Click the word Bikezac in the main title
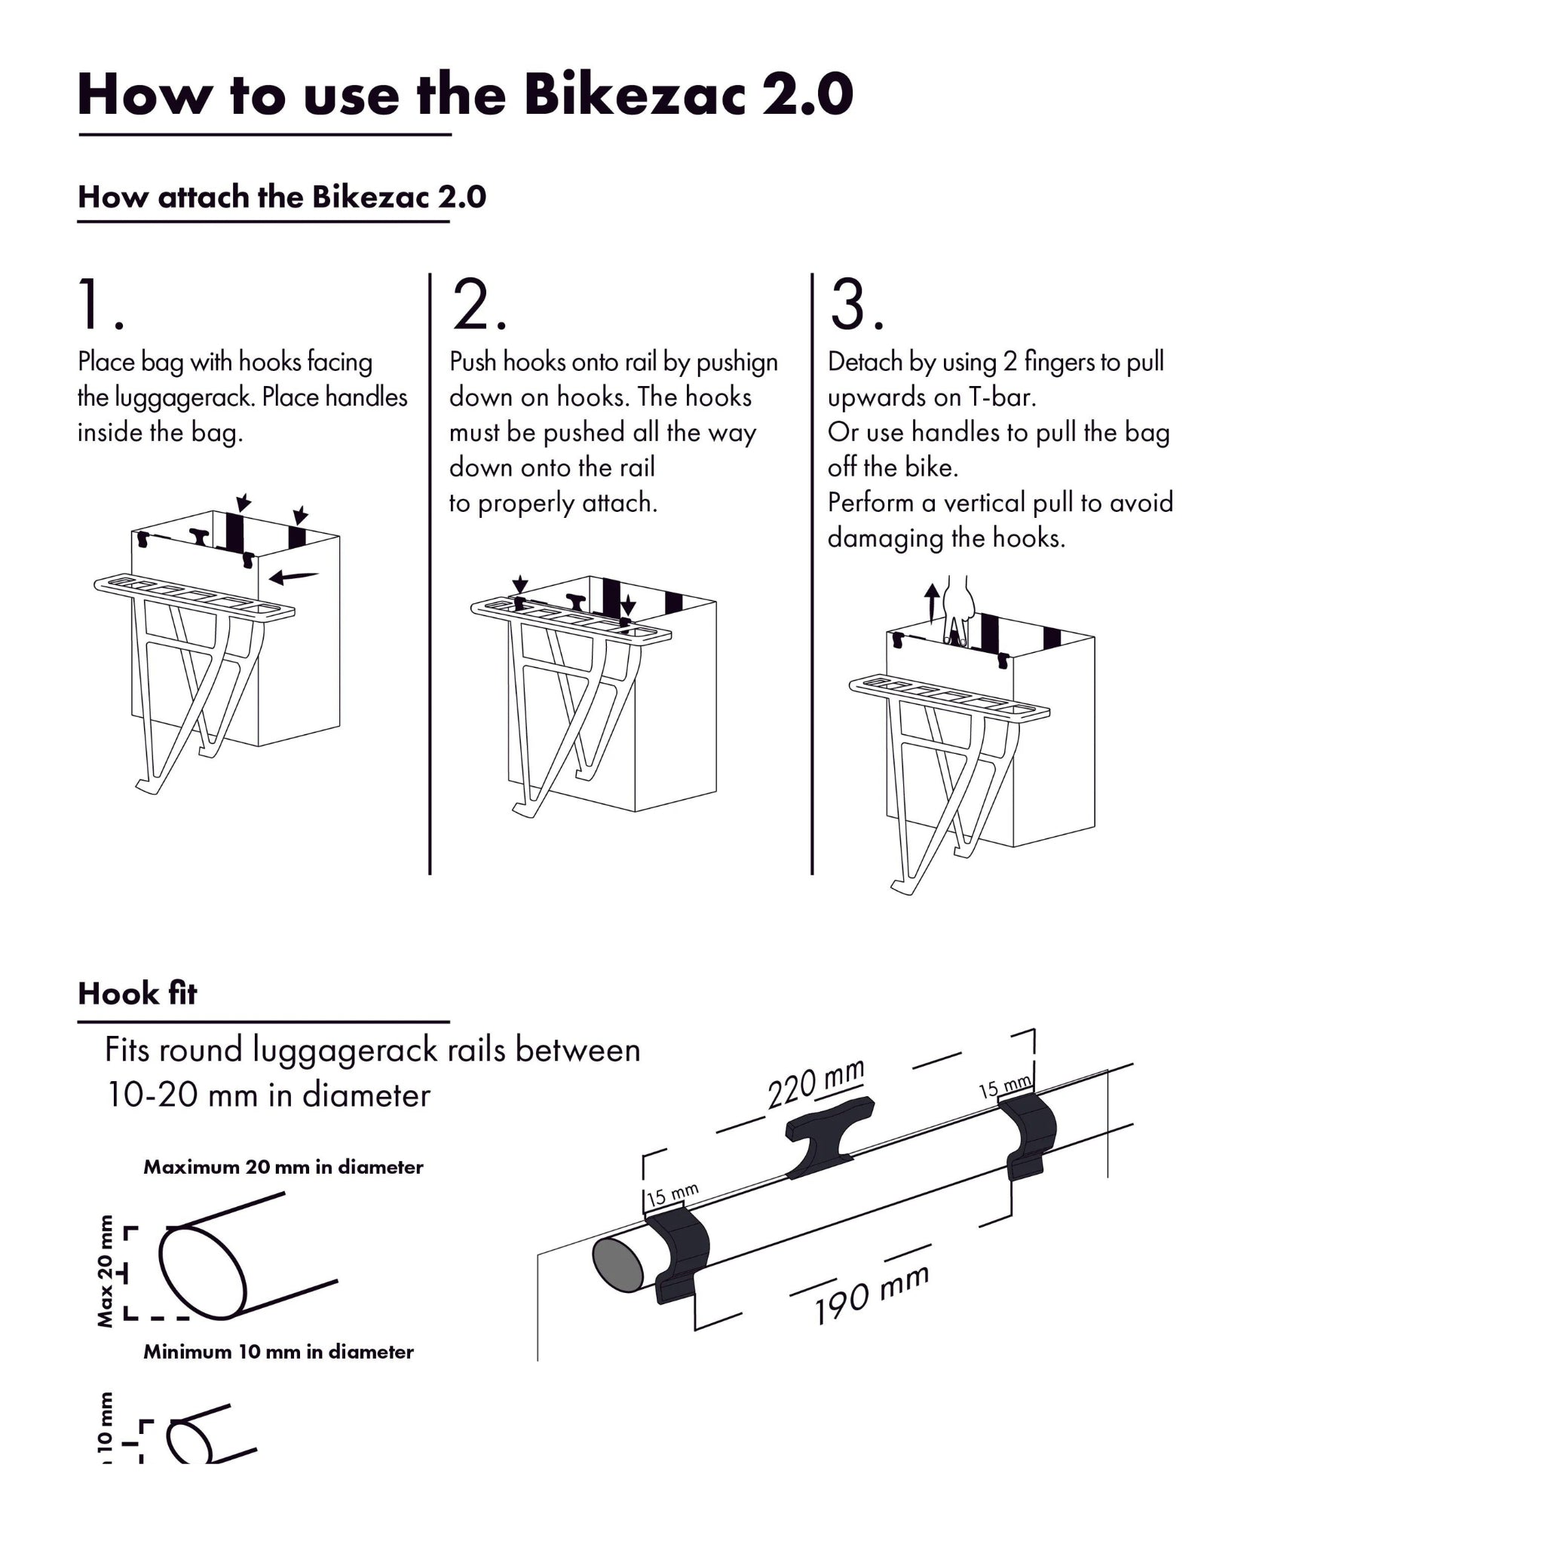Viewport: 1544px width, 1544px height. click(x=634, y=94)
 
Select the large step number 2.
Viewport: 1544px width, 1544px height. click(x=477, y=305)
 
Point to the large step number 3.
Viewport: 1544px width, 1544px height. click(x=855, y=305)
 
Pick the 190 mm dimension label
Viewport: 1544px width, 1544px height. click(x=871, y=1294)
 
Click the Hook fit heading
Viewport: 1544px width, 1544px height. click(x=136, y=994)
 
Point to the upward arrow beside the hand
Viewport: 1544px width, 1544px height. click(x=932, y=602)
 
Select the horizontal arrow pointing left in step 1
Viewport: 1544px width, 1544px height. click(x=294, y=575)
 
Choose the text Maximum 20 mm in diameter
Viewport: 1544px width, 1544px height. click(x=283, y=1167)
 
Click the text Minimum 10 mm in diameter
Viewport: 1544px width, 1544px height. click(x=278, y=1352)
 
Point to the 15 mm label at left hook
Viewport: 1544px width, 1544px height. click(x=672, y=1195)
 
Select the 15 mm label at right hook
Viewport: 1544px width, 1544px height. click(x=1004, y=1087)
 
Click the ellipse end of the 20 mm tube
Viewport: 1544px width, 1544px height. click(x=202, y=1272)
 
